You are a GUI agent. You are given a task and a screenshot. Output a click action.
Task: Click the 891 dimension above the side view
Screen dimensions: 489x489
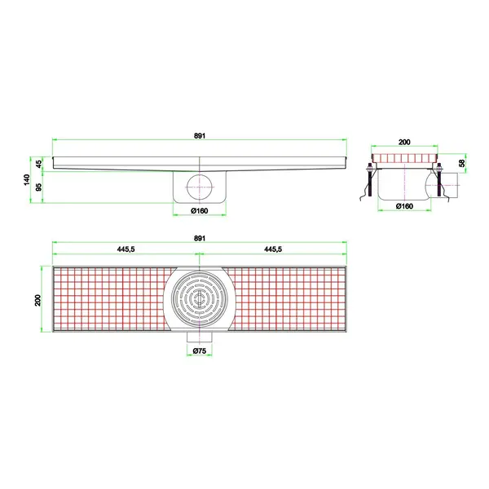199,136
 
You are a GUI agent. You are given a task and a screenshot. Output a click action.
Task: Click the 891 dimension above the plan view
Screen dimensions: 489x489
199,238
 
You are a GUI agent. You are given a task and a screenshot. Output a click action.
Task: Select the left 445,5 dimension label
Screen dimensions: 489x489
126,250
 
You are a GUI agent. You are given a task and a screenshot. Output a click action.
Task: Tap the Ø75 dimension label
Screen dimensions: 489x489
198,351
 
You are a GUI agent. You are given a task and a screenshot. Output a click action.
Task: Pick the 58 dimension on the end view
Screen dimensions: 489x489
461,164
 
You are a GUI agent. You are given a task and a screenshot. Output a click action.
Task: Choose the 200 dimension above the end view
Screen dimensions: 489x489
405,142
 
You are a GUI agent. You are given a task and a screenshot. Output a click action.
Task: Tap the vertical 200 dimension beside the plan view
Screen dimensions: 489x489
37,300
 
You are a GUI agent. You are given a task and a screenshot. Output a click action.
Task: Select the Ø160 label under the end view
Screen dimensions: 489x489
405,207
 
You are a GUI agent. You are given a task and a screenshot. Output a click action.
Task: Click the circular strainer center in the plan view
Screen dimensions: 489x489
199,299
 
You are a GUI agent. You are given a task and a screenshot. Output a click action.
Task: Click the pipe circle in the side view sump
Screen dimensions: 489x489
198,187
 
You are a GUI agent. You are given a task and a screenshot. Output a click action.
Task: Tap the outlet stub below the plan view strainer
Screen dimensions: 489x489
198,337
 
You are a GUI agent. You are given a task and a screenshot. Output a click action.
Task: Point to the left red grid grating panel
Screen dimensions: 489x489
110,299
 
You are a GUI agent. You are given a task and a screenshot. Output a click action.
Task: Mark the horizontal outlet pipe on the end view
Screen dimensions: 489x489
452,185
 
